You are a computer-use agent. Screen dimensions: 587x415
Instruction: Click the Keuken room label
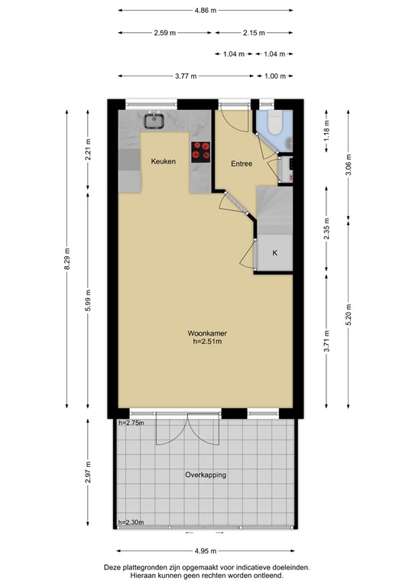click(164, 162)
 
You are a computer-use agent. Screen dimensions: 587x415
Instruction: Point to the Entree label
click(242, 163)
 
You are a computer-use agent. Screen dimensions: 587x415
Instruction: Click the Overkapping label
click(206, 475)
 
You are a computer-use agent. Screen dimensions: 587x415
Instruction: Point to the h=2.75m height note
click(132, 423)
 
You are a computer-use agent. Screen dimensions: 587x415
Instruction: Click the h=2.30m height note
click(132, 524)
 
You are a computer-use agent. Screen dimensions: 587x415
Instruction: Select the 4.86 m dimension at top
click(206, 11)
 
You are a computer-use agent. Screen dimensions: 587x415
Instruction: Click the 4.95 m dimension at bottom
click(206, 551)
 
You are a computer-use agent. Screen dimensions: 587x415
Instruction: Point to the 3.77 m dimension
click(186, 76)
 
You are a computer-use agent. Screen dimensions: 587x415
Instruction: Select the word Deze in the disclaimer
click(114, 568)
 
